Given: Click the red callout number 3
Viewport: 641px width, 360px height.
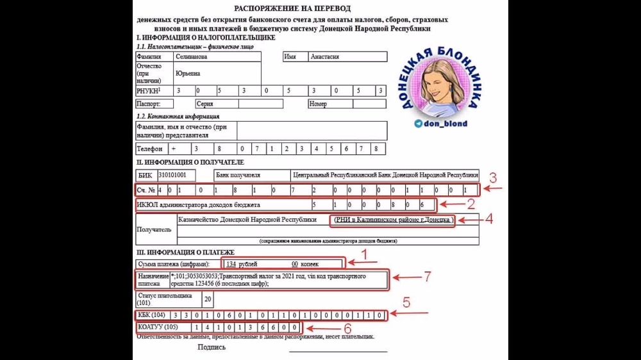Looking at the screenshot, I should click(x=493, y=178).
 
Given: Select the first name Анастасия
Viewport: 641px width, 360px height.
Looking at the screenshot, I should click(x=325, y=56).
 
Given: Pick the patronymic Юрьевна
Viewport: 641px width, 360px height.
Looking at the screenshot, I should click(x=188, y=74).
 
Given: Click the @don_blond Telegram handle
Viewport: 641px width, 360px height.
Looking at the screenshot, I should click(x=445, y=124).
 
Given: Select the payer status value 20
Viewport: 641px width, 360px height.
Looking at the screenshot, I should click(x=207, y=298).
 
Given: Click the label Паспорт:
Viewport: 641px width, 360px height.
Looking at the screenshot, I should click(x=147, y=104).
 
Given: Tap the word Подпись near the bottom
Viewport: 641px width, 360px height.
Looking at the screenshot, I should click(x=212, y=347).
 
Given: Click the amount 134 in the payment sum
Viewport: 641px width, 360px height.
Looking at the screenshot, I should click(x=231, y=263).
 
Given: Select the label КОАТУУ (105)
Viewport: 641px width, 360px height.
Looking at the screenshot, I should click(x=157, y=327).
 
